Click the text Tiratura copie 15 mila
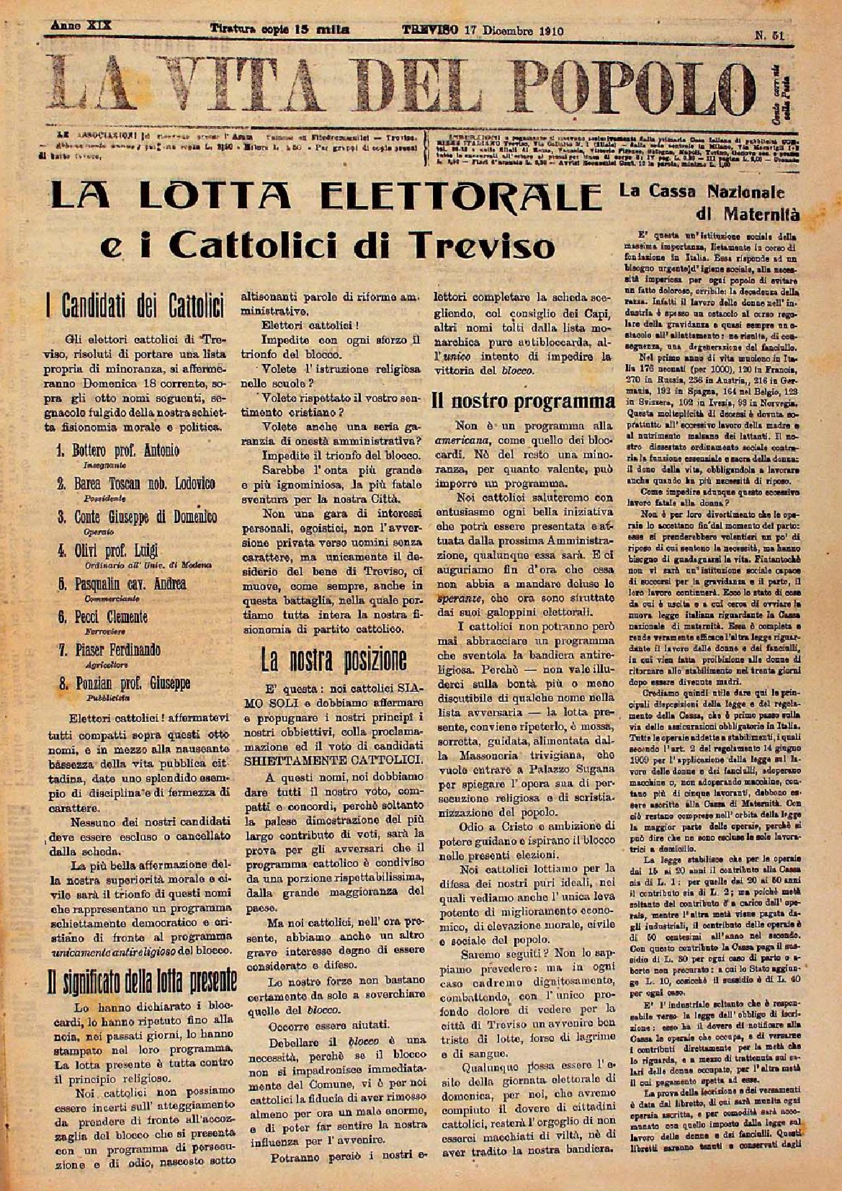click(279, 30)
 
